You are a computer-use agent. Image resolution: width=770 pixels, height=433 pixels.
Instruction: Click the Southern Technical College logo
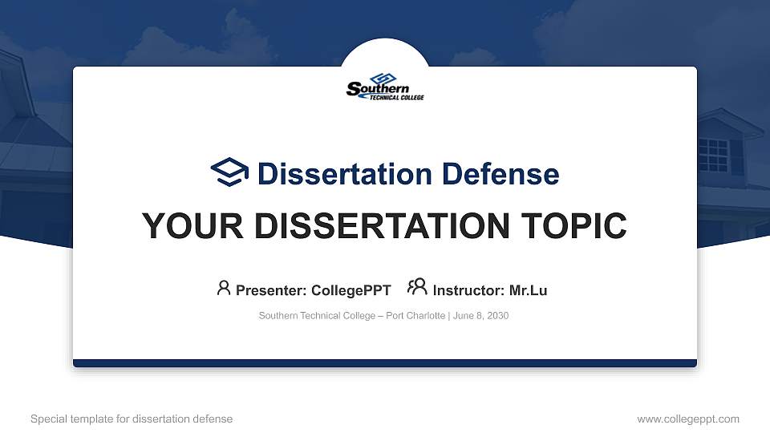pos(385,87)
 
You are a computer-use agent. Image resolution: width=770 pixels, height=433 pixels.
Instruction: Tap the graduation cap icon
pos(229,172)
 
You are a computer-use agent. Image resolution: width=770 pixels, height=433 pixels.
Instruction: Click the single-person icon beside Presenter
pos(224,288)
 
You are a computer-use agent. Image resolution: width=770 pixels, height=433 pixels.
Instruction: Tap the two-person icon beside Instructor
pos(417,287)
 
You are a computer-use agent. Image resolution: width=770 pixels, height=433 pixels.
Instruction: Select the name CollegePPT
pos(351,290)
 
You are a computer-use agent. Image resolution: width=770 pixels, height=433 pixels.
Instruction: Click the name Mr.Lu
pos(528,290)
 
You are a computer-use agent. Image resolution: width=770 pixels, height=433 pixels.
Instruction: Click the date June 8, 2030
pos(480,316)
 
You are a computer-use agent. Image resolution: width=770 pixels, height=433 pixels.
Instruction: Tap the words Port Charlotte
pos(415,316)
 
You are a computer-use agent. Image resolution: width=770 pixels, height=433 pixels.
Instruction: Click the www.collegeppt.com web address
pos(688,419)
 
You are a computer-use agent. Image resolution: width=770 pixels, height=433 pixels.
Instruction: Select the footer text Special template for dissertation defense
pos(132,419)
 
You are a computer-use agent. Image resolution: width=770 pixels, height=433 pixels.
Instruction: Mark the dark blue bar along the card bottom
pos(385,363)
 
